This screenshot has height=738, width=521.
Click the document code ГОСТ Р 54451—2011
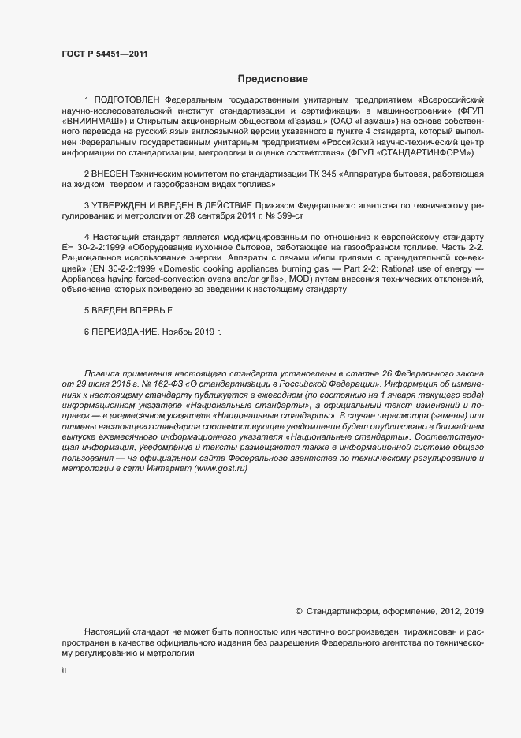click(x=104, y=54)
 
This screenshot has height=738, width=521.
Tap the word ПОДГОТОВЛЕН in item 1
click(x=126, y=101)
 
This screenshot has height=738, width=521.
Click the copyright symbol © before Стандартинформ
click(x=299, y=611)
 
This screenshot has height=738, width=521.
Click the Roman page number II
click(x=64, y=671)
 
